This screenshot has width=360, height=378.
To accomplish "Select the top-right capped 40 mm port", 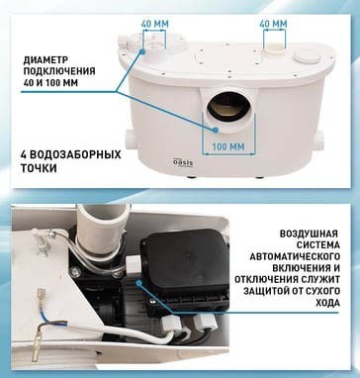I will [x=274, y=44].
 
